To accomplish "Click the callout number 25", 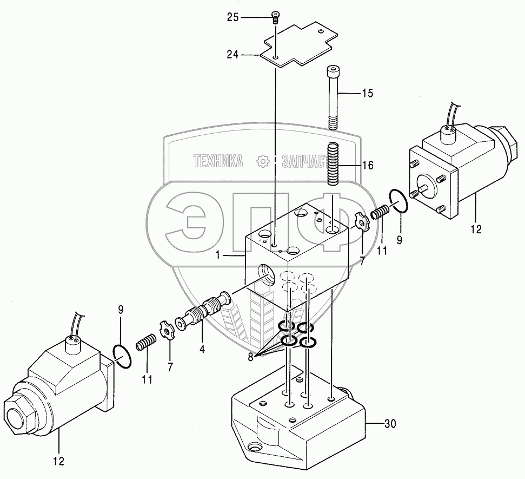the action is pos(232,17).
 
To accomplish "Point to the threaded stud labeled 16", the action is pos(333,163).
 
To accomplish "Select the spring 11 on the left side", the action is pos(145,344).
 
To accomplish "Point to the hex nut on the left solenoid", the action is pos(17,416).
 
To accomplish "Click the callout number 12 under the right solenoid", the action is pos(475,229).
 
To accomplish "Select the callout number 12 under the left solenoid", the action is pos(58,461).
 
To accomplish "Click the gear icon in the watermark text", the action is pos(263,161).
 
